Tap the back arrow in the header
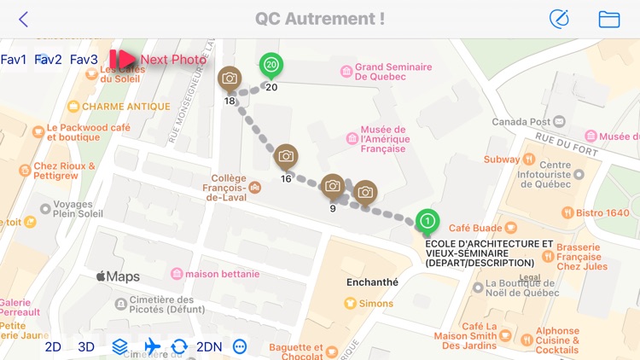(23, 20)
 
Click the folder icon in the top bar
(608, 20)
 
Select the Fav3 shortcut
(84, 60)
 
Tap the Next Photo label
(173, 60)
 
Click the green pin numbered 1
(428, 222)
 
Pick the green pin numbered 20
(271, 65)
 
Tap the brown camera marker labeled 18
(230, 79)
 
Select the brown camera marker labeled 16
(287, 157)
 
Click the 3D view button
(86, 346)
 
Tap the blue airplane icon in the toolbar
(153, 346)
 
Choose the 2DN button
(209, 346)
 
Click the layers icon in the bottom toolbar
(120, 346)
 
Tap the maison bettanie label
(215, 274)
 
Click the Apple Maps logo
(117, 276)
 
